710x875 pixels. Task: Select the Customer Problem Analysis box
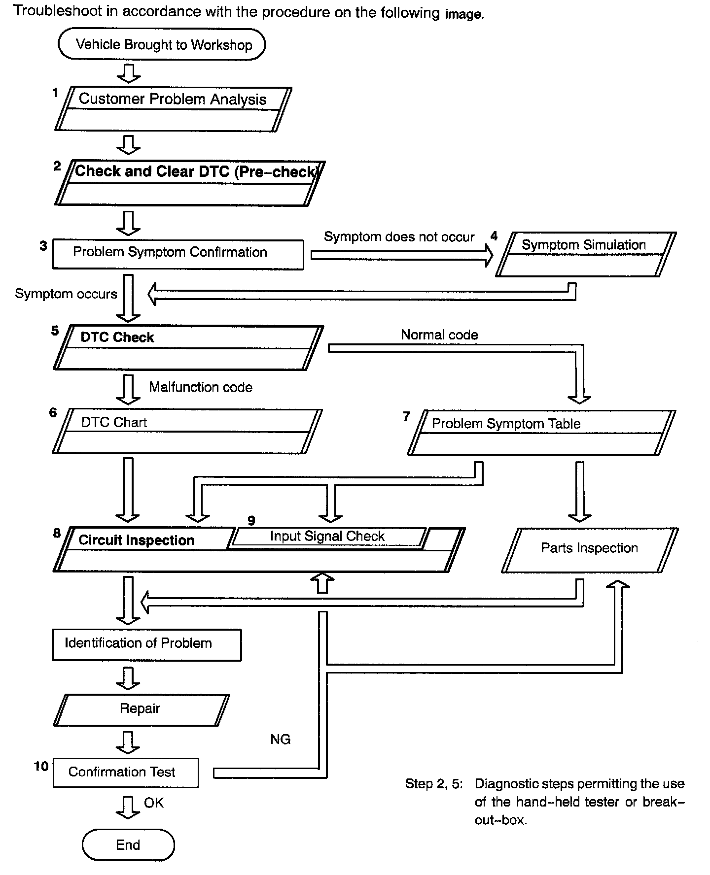tap(173, 109)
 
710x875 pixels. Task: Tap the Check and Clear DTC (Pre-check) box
tap(190, 183)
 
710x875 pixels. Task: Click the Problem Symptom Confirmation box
tap(178, 254)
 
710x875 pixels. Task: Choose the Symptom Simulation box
tap(585, 254)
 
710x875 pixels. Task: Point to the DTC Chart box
tap(187, 431)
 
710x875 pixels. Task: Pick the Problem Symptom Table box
tap(541, 432)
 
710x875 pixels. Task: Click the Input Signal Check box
tap(327, 537)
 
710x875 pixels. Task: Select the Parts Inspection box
tap(590, 550)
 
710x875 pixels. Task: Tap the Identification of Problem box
tap(147, 644)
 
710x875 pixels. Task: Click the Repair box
tap(141, 709)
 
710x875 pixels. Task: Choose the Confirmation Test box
tap(125, 773)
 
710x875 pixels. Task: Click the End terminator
tap(128, 845)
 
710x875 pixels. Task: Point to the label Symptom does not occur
tap(399, 237)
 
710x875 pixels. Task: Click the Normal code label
tap(439, 335)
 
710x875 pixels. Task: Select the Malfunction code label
tap(201, 387)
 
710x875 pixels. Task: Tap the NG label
tap(280, 740)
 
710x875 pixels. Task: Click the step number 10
tap(41, 766)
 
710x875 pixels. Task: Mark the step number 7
tap(406, 417)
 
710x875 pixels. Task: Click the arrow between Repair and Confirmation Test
tap(128, 742)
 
